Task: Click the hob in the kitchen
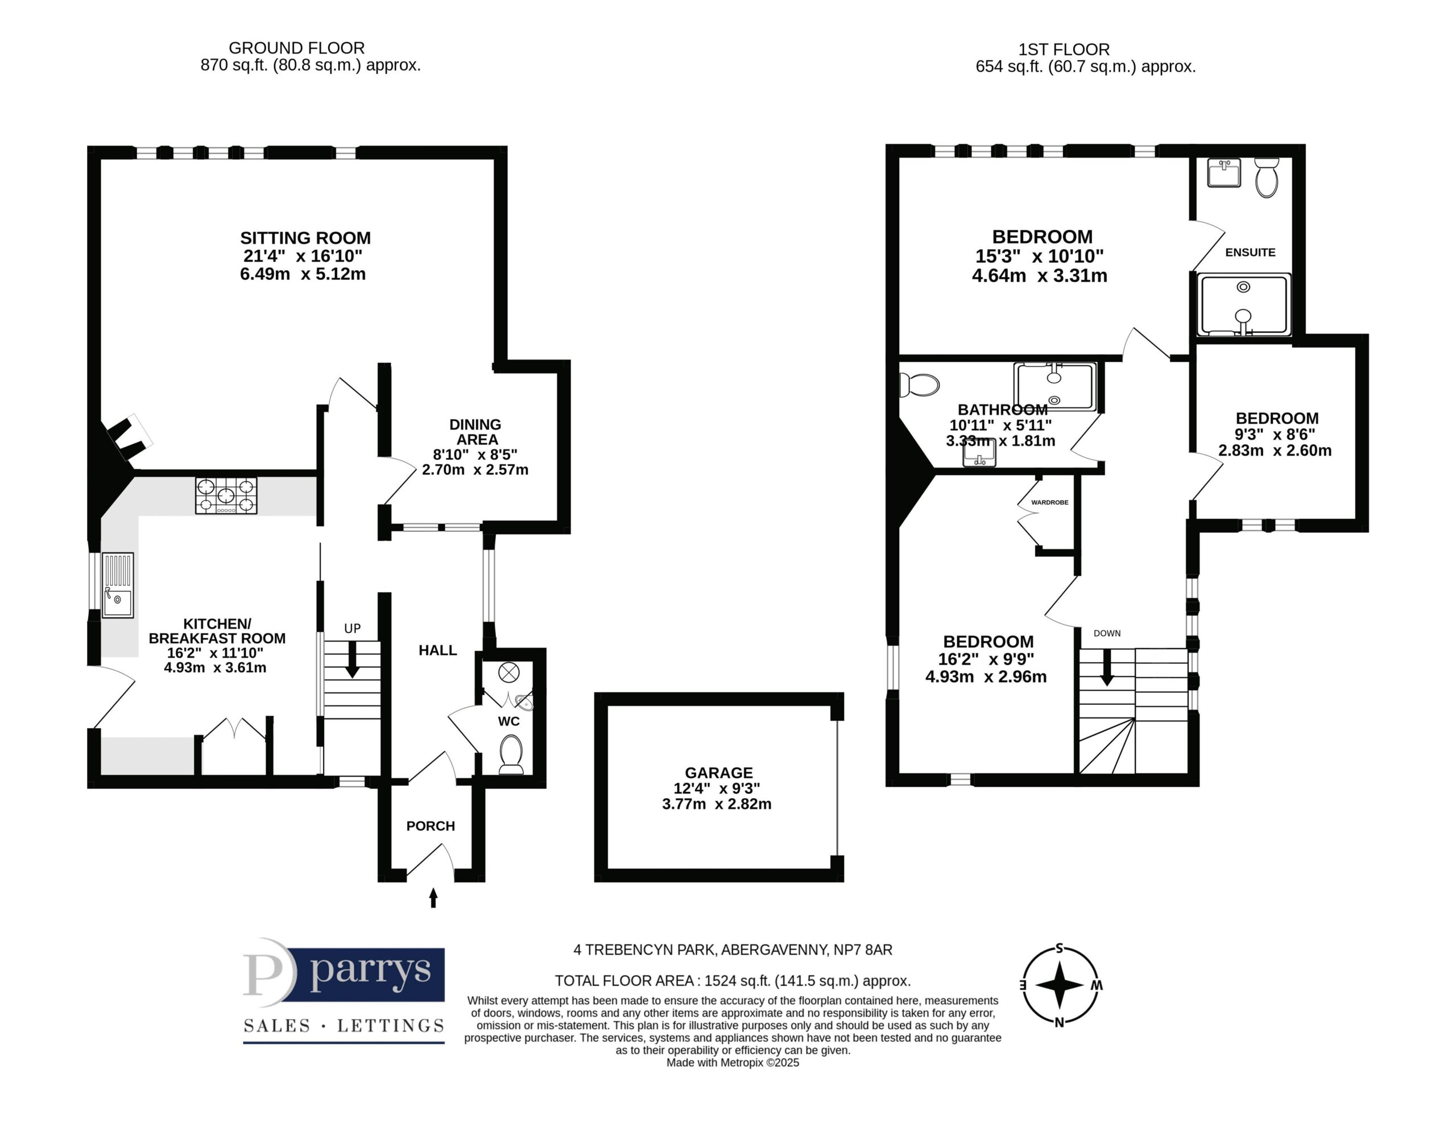coord(226,496)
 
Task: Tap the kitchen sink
coord(118,585)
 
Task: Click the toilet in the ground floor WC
coord(511,754)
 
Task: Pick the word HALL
coord(438,650)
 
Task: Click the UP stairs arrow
coord(352,659)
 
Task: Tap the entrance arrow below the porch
coord(433,898)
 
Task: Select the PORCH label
coord(431,825)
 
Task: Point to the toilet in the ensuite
coord(1267,177)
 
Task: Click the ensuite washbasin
coord(1224,173)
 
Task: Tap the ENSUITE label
coord(1250,252)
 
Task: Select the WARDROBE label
coord(1050,502)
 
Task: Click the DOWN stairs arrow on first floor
coord(1107,667)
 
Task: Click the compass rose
coord(1060,985)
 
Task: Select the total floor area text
coord(733,980)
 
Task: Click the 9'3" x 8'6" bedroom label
coord(1275,434)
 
